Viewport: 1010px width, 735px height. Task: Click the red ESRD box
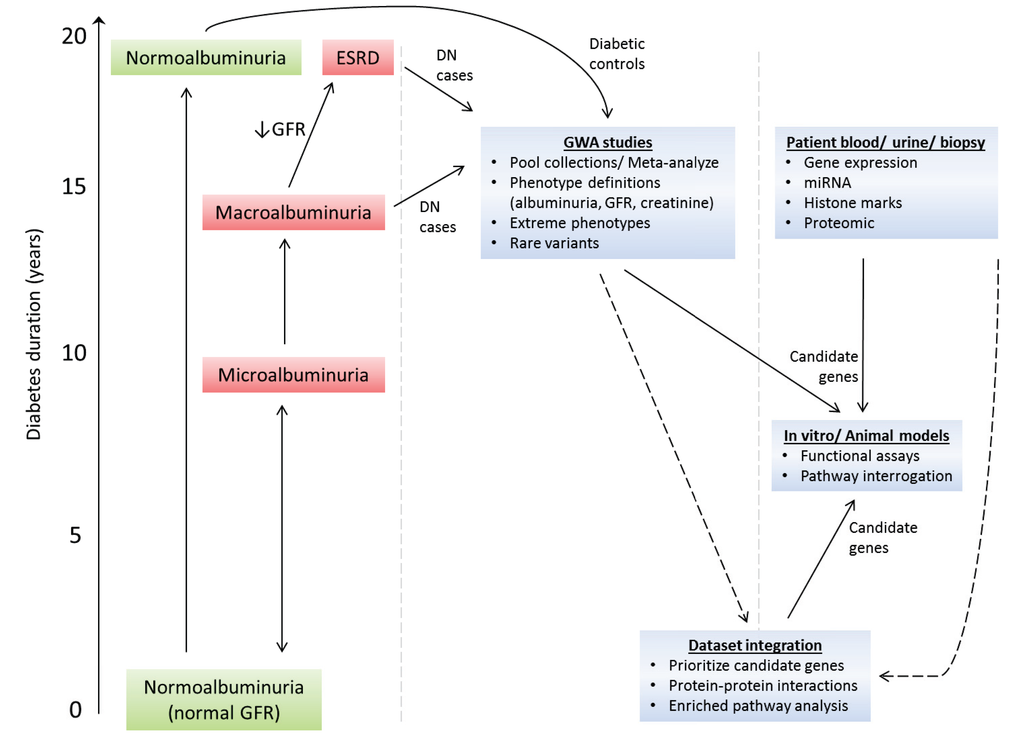[x=358, y=57]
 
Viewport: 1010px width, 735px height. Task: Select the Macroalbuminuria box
[x=294, y=212]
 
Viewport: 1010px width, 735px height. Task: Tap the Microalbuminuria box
[x=294, y=375]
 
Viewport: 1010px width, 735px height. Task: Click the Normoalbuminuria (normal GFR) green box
[x=224, y=700]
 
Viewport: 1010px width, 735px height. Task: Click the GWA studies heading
[x=607, y=142]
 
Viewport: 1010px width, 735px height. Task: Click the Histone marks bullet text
[x=852, y=203]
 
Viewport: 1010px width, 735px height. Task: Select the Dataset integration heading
[x=755, y=645]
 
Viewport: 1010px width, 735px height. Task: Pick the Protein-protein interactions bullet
[x=762, y=686]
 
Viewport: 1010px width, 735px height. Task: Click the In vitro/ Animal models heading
[x=866, y=436]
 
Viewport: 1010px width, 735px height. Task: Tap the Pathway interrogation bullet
[x=876, y=476]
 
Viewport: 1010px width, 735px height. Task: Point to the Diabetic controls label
[x=617, y=54]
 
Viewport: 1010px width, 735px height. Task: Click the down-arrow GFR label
[x=280, y=129]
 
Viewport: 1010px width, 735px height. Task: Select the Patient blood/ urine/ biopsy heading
[x=885, y=142]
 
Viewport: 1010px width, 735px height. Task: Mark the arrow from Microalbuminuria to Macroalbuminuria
[x=285, y=291]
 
